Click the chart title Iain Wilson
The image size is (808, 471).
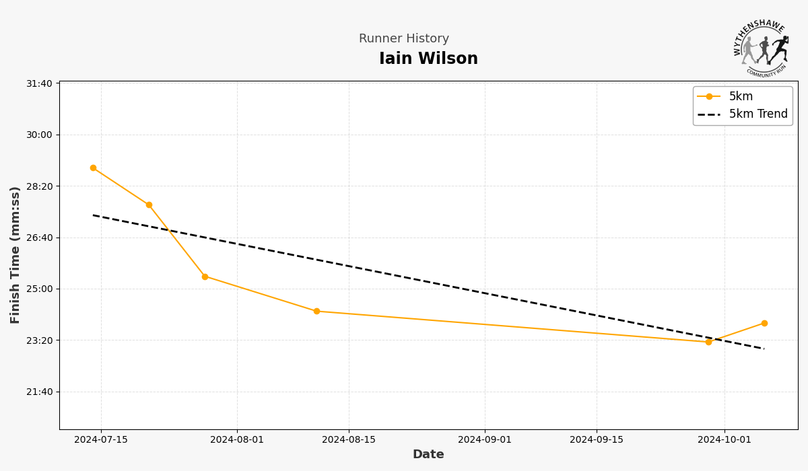coord(428,59)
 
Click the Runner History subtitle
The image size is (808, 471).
coord(404,39)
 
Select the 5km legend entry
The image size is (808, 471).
coord(741,97)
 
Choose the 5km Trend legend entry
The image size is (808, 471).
coord(757,114)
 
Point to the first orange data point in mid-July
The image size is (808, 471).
coord(93,168)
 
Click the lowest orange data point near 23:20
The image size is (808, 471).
coord(708,342)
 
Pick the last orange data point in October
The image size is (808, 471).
coord(764,323)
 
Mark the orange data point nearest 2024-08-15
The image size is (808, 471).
coord(316,312)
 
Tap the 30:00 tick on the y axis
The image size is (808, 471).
coord(39,135)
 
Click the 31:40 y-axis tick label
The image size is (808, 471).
coord(39,83)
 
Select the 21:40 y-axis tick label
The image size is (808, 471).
coord(39,392)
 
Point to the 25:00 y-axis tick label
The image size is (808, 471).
coord(39,289)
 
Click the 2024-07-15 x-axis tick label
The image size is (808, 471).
coord(101,440)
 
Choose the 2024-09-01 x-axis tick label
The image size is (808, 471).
coord(485,440)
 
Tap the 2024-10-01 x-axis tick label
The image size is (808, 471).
coord(725,440)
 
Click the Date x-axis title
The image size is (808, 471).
coord(428,455)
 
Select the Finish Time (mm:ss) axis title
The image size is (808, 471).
coord(15,255)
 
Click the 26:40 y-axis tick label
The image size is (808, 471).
coord(39,238)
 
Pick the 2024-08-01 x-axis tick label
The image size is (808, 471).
coord(237,440)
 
